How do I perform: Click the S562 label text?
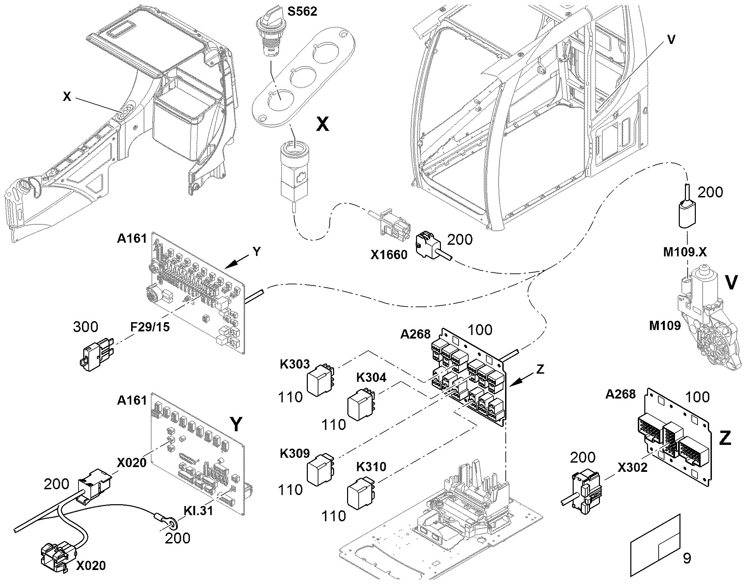(x=302, y=12)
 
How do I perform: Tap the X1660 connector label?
(x=389, y=255)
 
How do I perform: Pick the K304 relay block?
(x=361, y=404)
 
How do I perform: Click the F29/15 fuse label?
(x=150, y=327)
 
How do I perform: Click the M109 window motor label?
(x=665, y=326)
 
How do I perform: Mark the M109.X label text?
(x=685, y=252)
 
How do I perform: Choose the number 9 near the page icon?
(x=687, y=558)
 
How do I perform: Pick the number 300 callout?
(x=86, y=327)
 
